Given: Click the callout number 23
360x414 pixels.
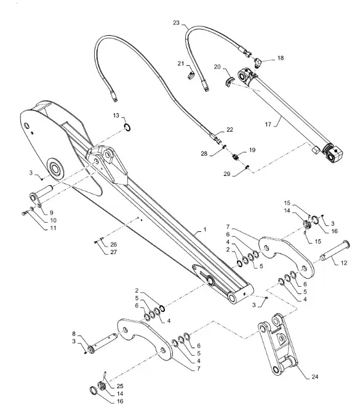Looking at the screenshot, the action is pos(176,23).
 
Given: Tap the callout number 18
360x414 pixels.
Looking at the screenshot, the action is pos(281,58).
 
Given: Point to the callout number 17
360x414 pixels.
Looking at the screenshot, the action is pos(268,124).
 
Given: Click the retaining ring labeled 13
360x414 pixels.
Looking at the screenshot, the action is pos(127,127).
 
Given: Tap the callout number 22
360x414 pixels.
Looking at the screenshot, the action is pos(230,129).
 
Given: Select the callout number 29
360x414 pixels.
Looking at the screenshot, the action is pos(227,174).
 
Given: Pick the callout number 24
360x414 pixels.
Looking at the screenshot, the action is pos(315,376).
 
